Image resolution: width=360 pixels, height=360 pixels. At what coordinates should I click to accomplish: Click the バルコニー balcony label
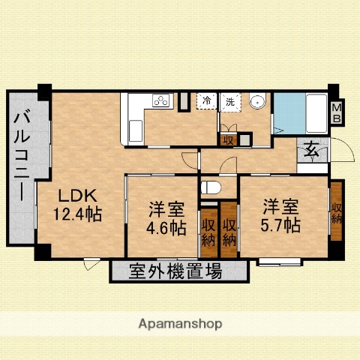pyautogui.click(x=23, y=156)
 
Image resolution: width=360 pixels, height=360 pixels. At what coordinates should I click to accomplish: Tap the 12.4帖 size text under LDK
pyautogui.click(x=77, y=214)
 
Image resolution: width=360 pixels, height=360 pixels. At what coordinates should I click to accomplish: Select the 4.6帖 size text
pyautogui.click(x=166, y=228)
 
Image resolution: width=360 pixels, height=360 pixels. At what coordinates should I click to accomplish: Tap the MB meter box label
pyautogui.click(x=337, y=112)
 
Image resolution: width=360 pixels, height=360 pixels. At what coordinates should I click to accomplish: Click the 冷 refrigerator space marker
pyautogui.click(x=205, y=100)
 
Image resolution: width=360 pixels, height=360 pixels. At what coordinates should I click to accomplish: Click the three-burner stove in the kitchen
pyautogui.click(x=161, y=100)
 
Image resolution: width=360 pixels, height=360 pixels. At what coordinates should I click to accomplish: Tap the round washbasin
pyautogui.click(x=257, y=102)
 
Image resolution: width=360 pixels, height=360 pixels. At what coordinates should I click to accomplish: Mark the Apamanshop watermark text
pyautogui.click(x=180, y=324)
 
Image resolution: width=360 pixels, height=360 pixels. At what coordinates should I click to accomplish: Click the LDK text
pyautogui.click(x=76, y=194)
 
